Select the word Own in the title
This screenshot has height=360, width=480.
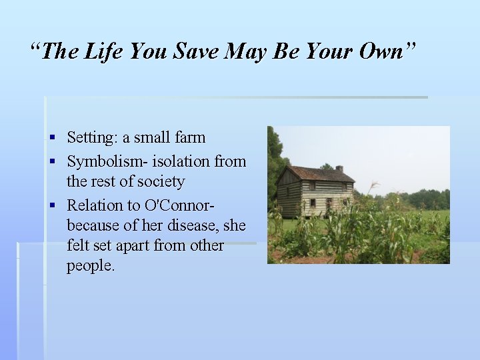click(378, 51)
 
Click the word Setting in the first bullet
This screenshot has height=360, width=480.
click(89, 138)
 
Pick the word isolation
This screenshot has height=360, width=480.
click(181, 161)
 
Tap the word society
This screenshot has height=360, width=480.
click(161, 181)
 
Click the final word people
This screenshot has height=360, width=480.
click(91, 266)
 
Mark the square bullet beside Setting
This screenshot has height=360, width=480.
click(52, 138)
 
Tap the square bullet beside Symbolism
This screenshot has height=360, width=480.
click(52, 161)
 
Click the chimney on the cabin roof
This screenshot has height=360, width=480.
click(339, 169)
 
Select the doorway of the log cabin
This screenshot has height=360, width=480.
click(329, 203)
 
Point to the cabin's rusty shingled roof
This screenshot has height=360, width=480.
click(320, 175)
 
